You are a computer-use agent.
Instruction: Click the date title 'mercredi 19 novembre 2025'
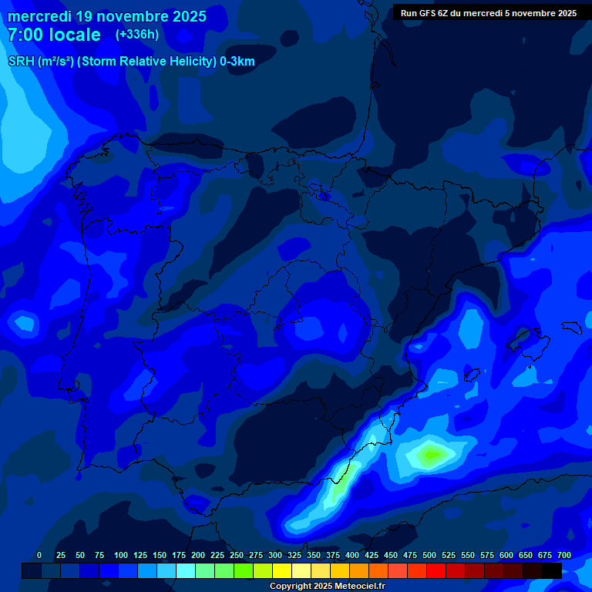coord(107,16)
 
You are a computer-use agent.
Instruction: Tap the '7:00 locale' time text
coord(54,35)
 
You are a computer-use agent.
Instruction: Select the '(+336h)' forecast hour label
coord(136,35)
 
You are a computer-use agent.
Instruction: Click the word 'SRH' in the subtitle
coord(21,62)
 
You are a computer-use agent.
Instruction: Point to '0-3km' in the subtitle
coord(237,62)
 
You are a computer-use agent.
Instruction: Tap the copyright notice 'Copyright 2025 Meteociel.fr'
coord(327,586)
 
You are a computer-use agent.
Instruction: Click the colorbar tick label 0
coord(39,555)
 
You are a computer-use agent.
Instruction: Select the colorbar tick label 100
coord(120,555)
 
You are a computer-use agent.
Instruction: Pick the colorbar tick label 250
coord(237,555)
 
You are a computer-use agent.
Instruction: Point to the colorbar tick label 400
coord(352,555)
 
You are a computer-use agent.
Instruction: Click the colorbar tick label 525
coord(449,555)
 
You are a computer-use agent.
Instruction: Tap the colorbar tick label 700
coord(564,555)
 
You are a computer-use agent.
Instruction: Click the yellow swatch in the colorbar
coord(282,570)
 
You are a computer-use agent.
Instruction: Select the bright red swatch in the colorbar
coord(436,570)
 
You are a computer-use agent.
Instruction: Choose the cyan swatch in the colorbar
coord(186,570)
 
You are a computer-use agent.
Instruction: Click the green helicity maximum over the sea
coord(429,455)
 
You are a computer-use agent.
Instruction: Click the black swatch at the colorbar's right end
coord(552,570)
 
